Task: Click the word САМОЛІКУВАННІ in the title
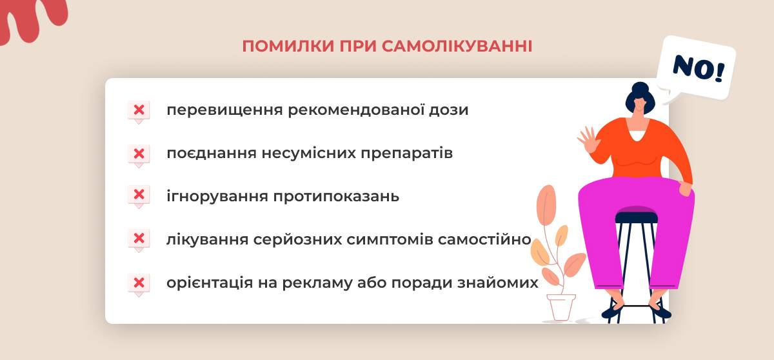click(x=457, y=46)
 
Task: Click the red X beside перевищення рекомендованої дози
click(x=139, y=110)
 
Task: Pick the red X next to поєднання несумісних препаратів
click(x=139, y=154)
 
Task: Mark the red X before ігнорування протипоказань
click(x=139, y=194)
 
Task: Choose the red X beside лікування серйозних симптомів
click(x=139, y=238)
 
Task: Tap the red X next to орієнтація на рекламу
click(x=139, y=283)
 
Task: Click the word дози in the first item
click(x=448, y=110)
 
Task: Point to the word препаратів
click(x=407, y=154)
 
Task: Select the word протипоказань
click(x=336, y=197)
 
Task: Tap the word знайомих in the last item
click(x=498, y=283)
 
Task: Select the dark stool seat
click(x=637, y=217)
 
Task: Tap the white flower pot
click(x=561, y=307)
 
